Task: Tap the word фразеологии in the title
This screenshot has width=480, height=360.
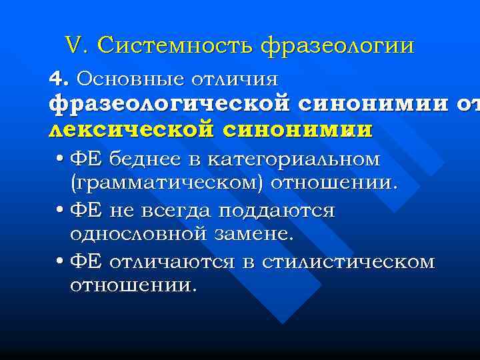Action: tap(338, 45)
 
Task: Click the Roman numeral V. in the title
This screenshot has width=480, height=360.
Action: tap(78, 45)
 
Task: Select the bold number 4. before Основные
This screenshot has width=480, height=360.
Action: tap(59, 79)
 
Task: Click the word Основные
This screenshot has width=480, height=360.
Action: tap(129, 79)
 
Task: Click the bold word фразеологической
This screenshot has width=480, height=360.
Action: tap(169, 105)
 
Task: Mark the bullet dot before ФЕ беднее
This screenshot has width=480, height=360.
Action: tap(60, 161)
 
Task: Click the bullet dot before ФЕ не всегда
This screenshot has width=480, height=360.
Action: tap(60, 211)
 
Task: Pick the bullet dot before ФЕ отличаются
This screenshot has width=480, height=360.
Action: tap(60, 262)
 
